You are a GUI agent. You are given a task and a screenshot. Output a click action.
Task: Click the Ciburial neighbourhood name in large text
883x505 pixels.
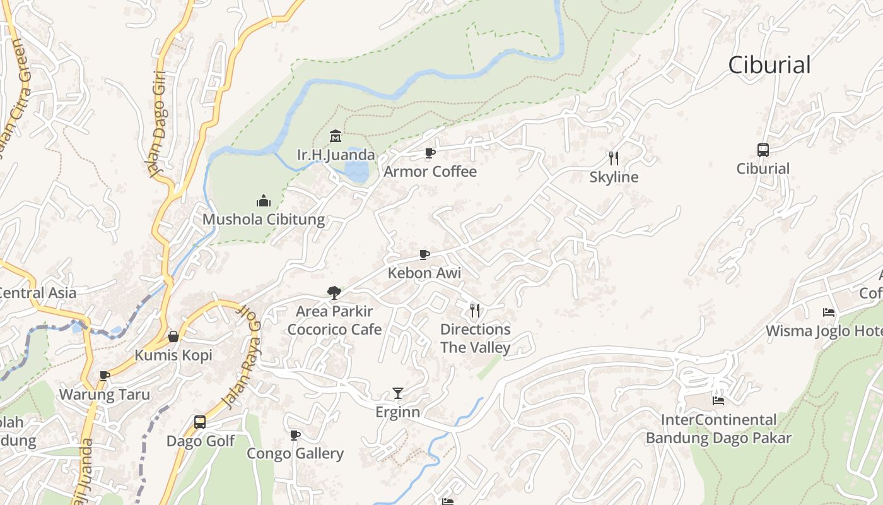point(769,65)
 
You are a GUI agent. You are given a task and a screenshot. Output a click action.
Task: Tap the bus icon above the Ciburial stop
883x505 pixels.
point(763,150)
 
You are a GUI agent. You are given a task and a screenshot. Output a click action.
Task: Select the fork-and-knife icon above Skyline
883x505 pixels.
point(614,158)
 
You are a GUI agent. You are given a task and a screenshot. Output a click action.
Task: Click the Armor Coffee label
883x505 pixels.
point(430,172)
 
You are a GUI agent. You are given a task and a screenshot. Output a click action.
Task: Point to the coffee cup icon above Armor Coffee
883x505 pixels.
point(430,153)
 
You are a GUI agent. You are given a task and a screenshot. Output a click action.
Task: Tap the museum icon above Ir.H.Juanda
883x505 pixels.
point(336,136)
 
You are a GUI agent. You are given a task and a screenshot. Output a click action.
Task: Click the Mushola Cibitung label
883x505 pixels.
point(264,220)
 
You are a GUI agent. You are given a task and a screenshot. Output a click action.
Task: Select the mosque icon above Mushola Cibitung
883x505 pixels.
point(264,201)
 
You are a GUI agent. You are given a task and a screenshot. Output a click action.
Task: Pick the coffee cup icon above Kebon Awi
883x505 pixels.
point(424,254)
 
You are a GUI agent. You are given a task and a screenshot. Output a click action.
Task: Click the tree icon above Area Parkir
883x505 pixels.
point(334,292)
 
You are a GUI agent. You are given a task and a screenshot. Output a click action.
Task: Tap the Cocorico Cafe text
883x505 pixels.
point(334,330)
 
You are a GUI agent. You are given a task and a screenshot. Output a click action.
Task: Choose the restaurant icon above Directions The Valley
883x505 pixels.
point(475,310)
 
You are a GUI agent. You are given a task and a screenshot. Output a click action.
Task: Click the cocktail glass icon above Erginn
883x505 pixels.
point(397,393)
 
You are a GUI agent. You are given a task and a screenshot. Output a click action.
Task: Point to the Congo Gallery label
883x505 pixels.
point(295,453)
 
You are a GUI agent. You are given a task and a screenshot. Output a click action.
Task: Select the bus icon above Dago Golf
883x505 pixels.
point(200,422)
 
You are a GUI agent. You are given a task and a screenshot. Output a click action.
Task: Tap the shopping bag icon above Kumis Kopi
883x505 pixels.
point(173,336)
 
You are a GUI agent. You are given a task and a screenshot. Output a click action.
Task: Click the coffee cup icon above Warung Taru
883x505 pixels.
point(105,376)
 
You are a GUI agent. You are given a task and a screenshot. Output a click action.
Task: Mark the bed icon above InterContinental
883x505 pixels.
point(718,400)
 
